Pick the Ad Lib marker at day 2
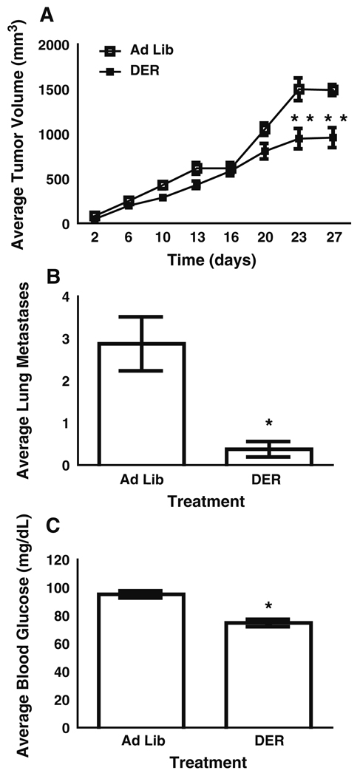pos(95,216)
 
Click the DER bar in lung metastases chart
pos(268,456)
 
